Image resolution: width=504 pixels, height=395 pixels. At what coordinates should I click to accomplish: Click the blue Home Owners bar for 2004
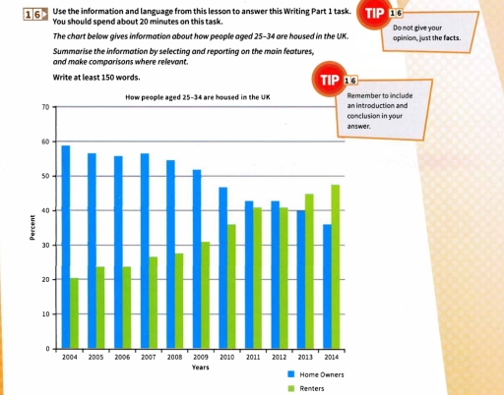click(66, 247)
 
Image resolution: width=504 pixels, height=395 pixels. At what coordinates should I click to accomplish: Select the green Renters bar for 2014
click(336, 266)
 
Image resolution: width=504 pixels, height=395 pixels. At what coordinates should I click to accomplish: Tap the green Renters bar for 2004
click(75, 312)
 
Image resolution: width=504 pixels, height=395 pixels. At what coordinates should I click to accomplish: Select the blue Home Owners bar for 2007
click(146, 251)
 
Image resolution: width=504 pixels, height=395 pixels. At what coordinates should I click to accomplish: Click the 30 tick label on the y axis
click(46, 245)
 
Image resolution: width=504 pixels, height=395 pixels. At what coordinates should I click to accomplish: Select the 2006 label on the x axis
click(122, 359)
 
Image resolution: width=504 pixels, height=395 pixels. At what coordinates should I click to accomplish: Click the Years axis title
click(200, 367)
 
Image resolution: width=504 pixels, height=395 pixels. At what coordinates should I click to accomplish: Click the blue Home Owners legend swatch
click(291, 375)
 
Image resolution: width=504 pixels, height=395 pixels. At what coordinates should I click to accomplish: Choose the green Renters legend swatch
click(291, 387)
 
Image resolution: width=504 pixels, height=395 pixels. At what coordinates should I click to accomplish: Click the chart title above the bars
click(199, 97)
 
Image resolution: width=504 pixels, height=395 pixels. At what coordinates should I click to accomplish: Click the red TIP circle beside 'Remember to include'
click(326, 78)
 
